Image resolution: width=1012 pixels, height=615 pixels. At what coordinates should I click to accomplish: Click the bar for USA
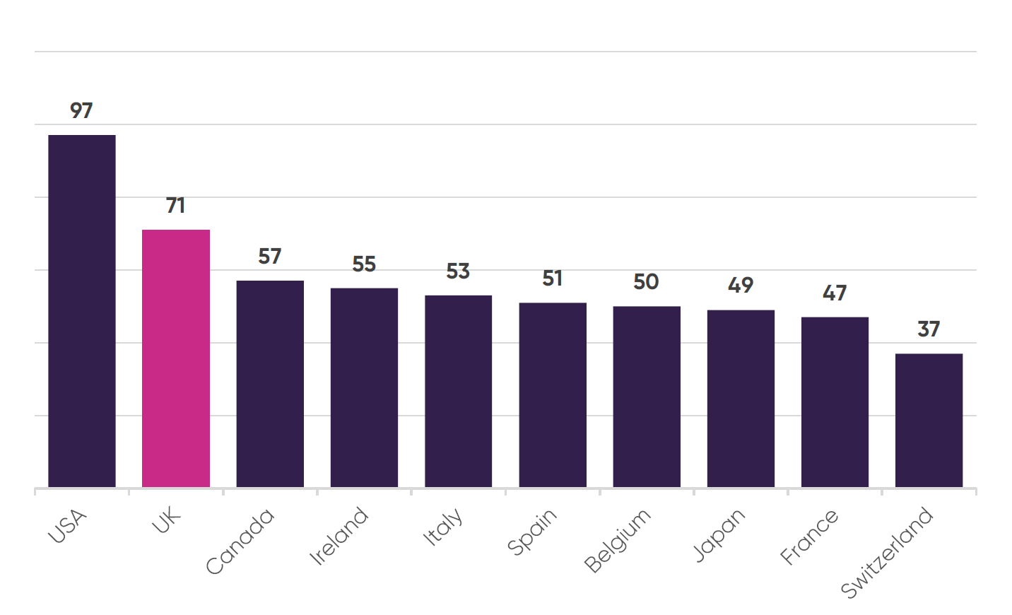(x=81, y=311)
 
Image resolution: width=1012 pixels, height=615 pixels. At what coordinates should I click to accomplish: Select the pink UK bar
(x=176, y=358)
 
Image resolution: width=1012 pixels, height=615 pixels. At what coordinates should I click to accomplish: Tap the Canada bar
(x=270, y=384)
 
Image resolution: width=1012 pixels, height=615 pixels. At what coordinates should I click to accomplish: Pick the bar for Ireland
(x=364, y=387)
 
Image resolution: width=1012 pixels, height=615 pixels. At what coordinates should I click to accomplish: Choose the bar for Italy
(x=458, y=391)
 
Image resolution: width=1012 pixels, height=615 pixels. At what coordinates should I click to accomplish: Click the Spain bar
(x=553, y=394)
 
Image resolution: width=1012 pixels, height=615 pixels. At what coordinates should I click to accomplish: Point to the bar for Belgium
(x=647, y=397)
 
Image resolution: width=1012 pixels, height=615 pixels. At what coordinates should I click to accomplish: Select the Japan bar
(x=741, y=398)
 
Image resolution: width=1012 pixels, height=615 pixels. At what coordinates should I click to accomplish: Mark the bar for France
(x=835, y=402)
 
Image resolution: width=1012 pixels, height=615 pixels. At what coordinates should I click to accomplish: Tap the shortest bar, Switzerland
(x=929, y=420)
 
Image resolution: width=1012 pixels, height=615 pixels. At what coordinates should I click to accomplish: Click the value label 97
(x=81, y=111)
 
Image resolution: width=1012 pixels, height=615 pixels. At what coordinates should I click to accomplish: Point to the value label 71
(x=176, y=206)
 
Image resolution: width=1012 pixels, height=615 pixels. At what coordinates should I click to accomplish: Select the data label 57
(x=270, y=256)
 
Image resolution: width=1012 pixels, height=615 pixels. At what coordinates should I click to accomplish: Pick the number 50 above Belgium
(x=646, y=282)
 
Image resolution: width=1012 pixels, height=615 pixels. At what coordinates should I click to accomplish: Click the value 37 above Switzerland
(x=929, y=329)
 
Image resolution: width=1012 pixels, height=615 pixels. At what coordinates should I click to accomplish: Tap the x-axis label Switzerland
(x=888, y=553)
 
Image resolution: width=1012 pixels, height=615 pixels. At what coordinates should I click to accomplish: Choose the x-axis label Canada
(x=240, y=541)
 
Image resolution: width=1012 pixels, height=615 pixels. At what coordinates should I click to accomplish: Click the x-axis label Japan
(x=719, y=535)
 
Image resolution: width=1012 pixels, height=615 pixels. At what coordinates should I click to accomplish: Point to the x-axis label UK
(x=167, y=521)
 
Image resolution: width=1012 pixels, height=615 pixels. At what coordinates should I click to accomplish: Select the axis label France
(x=810, y=537)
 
